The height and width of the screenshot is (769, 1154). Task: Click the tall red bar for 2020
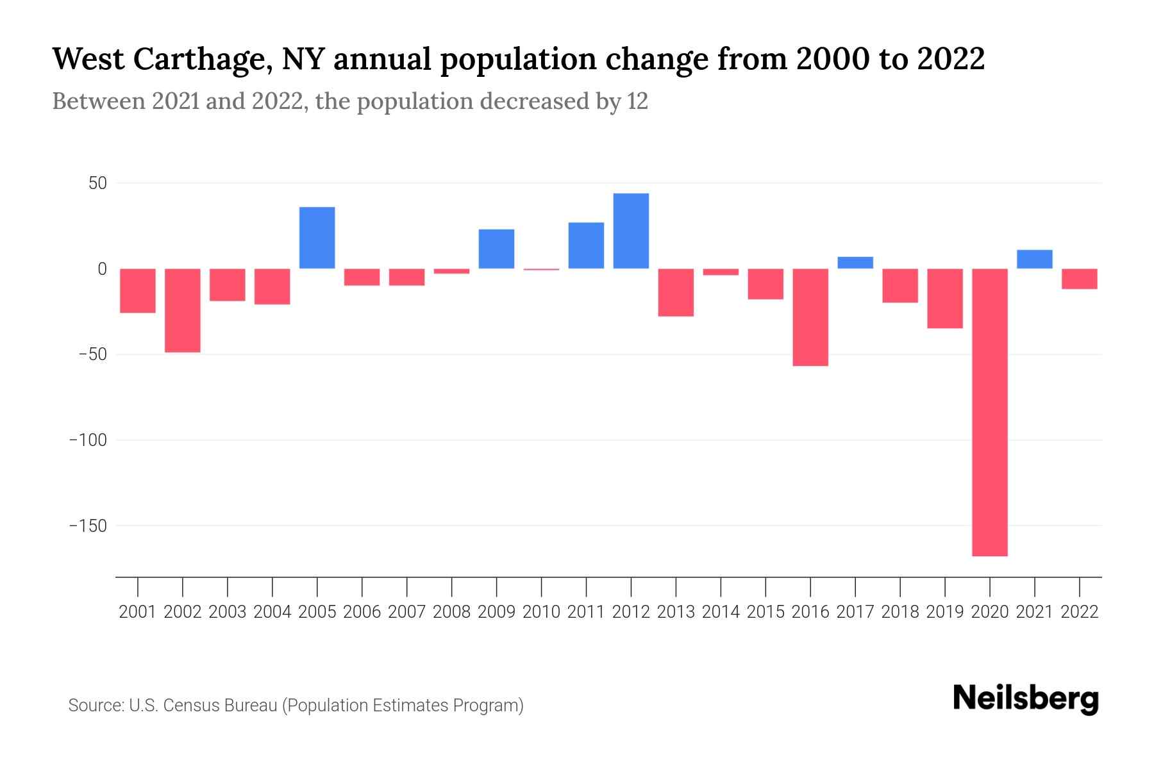pos(989,412)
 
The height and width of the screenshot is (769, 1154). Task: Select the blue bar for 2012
pos(631,231)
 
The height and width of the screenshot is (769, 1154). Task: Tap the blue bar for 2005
pos(317,238)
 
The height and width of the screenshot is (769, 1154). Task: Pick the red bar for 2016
pos(810,317)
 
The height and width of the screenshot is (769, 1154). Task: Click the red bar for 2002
pos(183,310)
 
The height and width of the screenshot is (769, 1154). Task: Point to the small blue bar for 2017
pos(855,263)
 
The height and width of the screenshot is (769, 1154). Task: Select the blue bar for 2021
pos(1034,259)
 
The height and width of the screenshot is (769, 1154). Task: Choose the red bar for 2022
pos(1079,279)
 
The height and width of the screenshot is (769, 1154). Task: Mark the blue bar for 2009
pos(496,249)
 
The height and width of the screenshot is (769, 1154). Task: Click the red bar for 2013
pos(676,292)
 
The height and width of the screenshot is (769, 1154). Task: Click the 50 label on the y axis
pos(97,183)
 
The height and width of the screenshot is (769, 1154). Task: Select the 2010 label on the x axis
pos(541,612)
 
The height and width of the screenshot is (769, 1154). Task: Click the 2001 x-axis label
pos(138,612)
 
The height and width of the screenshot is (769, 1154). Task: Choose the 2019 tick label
pos(944,612)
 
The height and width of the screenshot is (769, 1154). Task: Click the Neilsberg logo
pos(1026,699)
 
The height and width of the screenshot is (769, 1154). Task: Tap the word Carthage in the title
pos(194,59)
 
